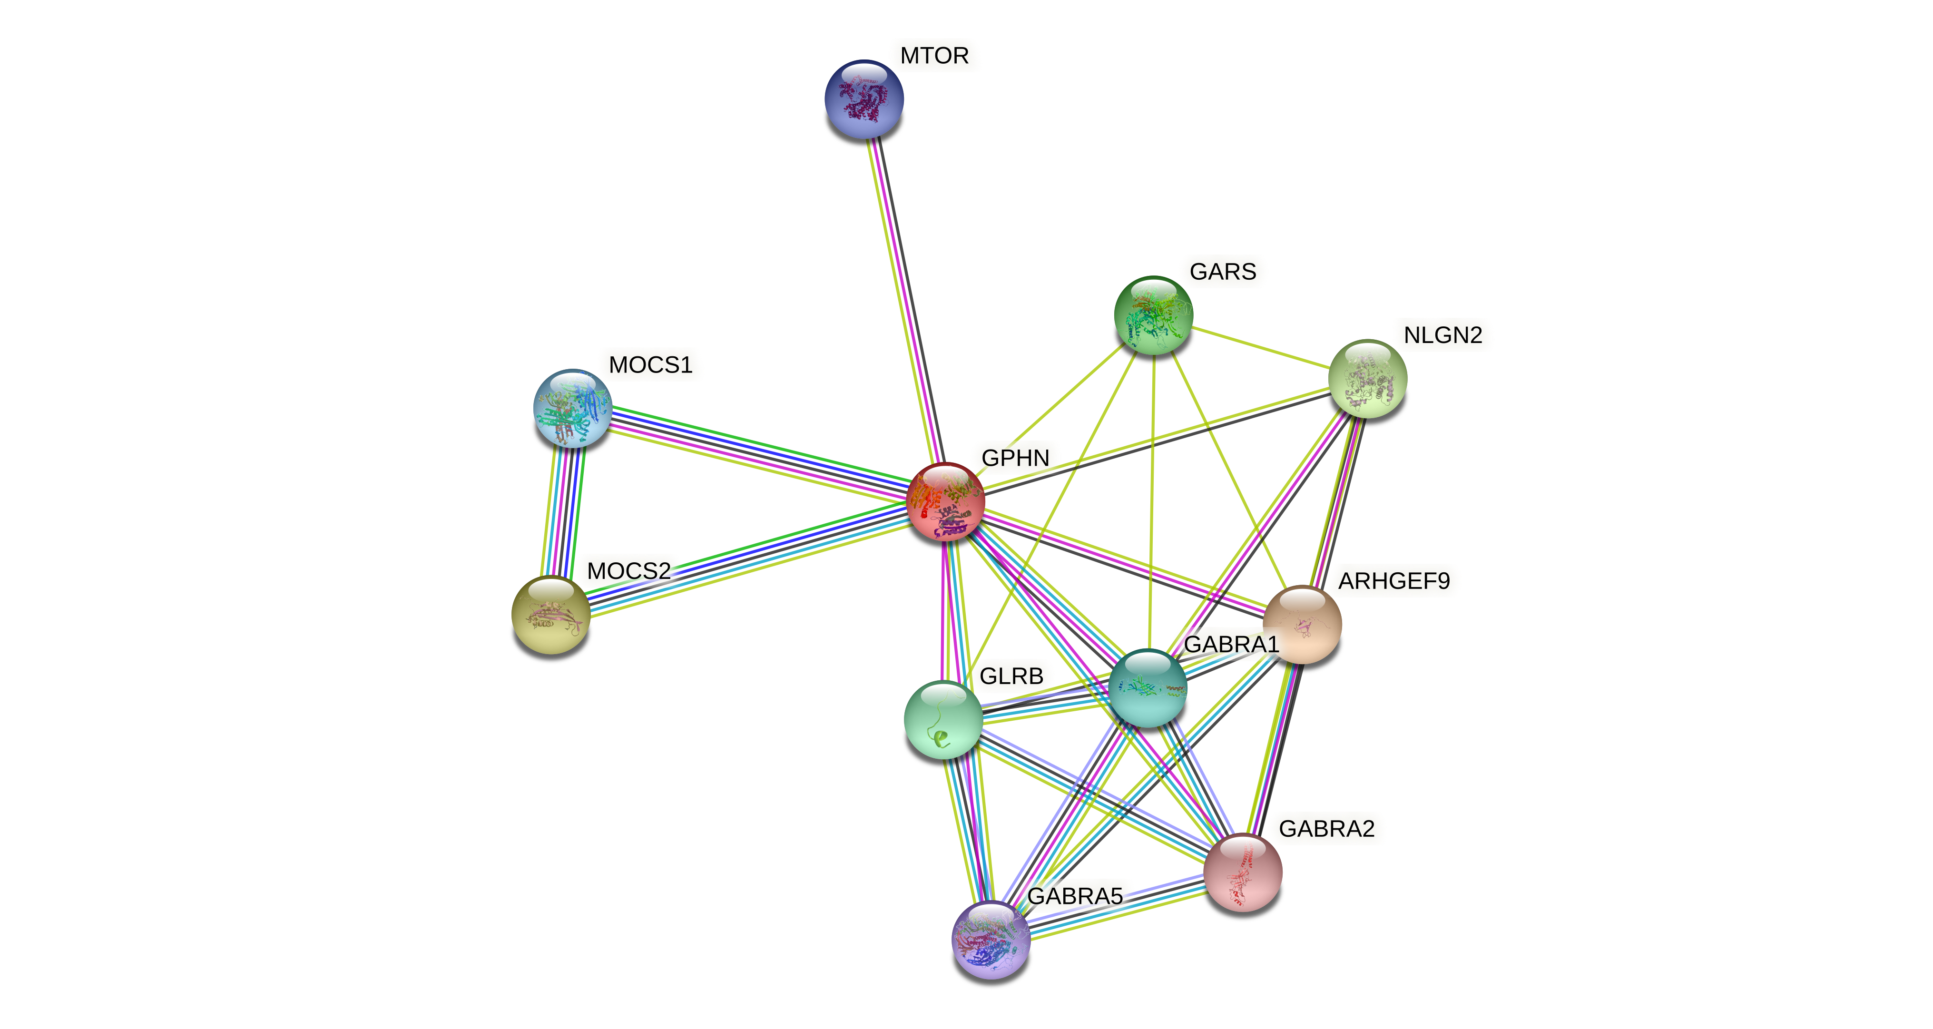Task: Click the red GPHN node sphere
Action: pyautogui.click(x=945, y=501)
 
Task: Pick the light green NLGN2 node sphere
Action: pyautogui.click(x=1367, y=378)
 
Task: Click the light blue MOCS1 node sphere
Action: pyautogui.click(x=572, y=408)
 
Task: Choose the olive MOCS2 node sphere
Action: pyautogui.click(x=551, y=615)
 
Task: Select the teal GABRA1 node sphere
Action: pyautogui.click(x=1148, y=687)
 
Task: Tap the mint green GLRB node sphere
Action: pyautogui.click(x=943, y=719)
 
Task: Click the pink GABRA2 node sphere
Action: pyautogui.click(x=1243, y=872)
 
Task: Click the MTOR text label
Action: pyautogui.click(x=934, y=56)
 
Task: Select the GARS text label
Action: pyautogui.click(x=1222, y=272)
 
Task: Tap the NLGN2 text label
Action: pyautogui.click(x=1442, y=335)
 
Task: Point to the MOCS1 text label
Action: pyautogui.click(x=650, y=365)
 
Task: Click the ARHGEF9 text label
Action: pyautogui.click(x=1393, y=581)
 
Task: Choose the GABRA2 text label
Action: pyautogui.click(x=1326, y=829)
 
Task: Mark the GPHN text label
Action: pyautogui.click(x=1014, y=458)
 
